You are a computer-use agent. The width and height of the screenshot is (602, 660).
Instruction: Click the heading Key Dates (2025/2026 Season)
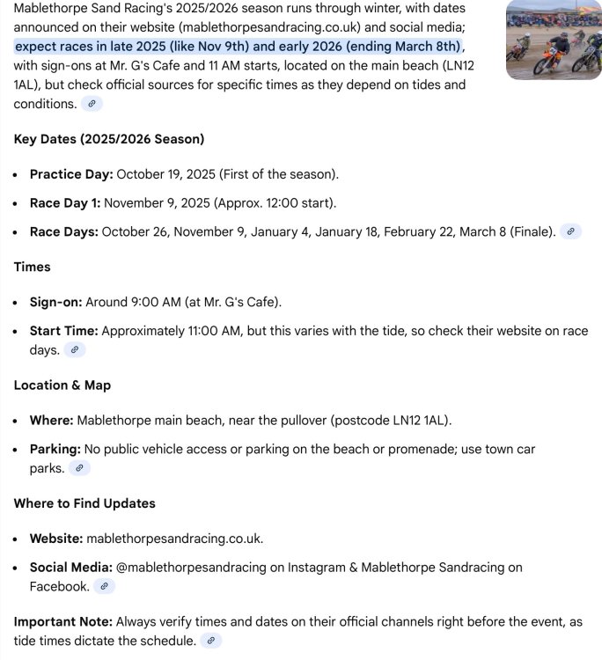point(109,139)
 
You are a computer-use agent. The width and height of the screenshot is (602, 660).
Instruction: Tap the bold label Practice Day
point(71,174)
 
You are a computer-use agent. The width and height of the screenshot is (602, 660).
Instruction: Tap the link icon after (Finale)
point(571,232)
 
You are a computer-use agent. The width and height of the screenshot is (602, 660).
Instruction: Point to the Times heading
point(32,267)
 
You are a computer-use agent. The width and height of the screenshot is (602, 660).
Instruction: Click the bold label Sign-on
point(55,302)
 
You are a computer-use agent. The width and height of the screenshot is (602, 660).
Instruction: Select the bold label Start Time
point(63,331)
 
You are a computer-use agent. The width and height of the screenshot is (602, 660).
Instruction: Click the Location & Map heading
point(62,385)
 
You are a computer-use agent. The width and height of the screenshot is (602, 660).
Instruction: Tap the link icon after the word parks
point(78,468)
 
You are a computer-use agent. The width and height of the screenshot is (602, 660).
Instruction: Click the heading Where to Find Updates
point(84,503)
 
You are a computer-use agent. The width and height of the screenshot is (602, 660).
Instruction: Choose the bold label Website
point(56,539)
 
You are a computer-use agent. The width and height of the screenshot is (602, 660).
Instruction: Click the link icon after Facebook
point(104,586)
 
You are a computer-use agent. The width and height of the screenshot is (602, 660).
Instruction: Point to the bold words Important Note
point(62,621)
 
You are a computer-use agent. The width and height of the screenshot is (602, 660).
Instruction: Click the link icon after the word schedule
point(210,641)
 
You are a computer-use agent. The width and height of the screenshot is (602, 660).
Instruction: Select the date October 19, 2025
point(165,174)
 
